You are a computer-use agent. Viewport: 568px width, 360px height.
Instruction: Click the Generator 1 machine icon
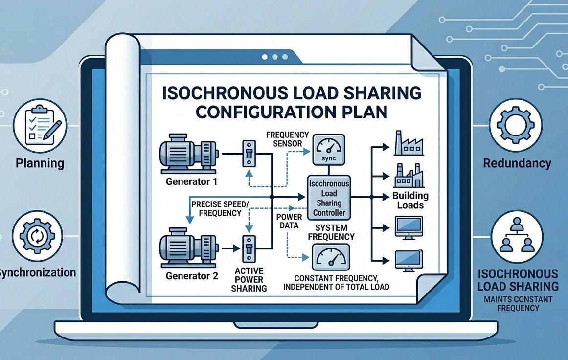click(x=188, y=155)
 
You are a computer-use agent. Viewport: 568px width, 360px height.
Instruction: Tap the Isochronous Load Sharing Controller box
click(x=328, y=198)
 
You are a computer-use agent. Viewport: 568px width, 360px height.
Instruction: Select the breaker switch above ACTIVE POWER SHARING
click(x=249, y=247)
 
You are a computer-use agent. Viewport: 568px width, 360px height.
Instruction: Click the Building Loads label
click(x=410, y=200)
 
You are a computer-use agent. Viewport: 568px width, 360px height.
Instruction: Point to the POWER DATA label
click(x=289, y=221)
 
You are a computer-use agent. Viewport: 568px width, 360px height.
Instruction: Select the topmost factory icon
click(x=408, y=142)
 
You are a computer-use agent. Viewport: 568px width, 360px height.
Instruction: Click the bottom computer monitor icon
click(x=408, y=260)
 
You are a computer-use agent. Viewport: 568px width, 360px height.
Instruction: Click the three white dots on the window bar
click(x=272, y=57)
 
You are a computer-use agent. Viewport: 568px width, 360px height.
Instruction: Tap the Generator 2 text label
click(x=191, y=275)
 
